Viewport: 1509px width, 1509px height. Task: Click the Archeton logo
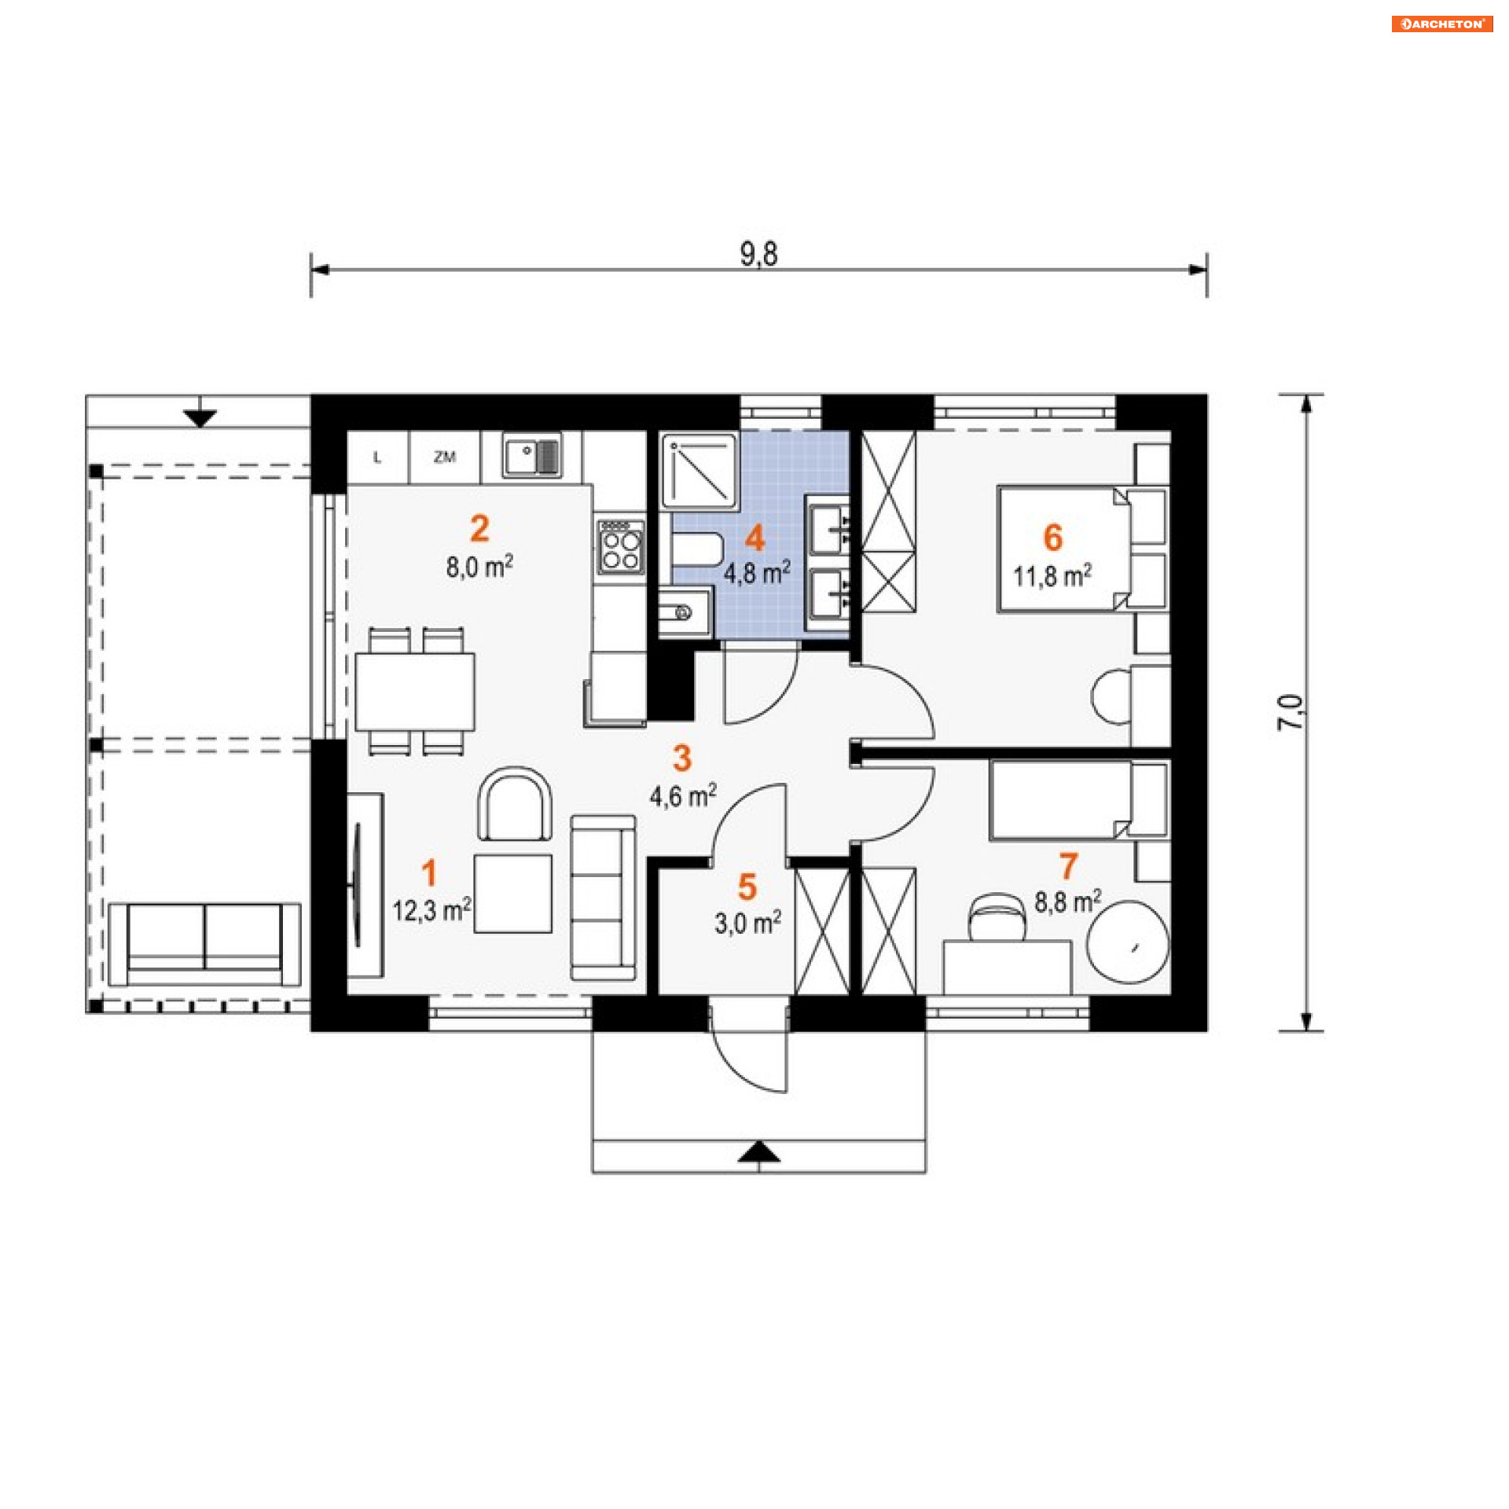pos(1441,24)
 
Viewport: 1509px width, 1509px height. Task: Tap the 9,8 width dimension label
pos(758,254)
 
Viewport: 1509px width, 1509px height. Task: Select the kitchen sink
pos(532,456)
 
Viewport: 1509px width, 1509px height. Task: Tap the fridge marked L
pos(378,457)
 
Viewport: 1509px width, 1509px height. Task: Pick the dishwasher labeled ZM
pos(444,457)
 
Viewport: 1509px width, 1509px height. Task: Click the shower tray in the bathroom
pos(699,470)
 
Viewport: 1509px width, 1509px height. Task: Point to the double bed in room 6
pos(1063,548)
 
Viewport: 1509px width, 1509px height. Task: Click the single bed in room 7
pos(1060,799)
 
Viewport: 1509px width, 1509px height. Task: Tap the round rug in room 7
pos(1128,941)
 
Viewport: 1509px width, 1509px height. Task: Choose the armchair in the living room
pos(515,804)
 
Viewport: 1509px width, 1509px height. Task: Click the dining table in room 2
pos(415,692)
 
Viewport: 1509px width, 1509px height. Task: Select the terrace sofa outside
pos(204,944)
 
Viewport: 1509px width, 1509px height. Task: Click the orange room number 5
pos(747,887)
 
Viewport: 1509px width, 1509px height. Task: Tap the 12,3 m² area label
pos(431,909)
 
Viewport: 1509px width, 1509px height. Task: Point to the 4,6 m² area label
pos(682,795)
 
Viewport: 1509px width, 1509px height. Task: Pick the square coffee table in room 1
pos(513,894)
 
